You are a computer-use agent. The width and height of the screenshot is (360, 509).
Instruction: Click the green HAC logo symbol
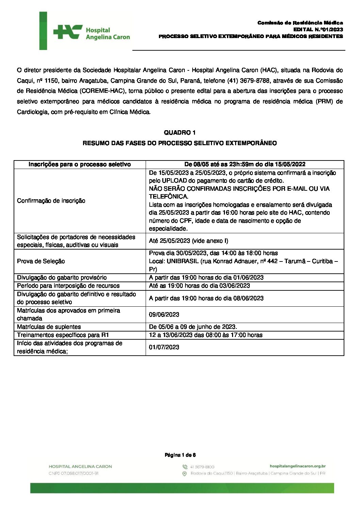tap(68, 32)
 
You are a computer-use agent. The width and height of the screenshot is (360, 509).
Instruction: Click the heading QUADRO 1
tap(180, 133)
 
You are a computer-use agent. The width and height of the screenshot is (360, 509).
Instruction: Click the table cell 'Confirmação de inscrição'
tap(51, 201)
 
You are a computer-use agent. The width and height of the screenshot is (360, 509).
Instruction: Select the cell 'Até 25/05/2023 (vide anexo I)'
tap(189, 241)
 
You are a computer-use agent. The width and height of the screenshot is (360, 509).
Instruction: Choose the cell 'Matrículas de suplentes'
tap(49, 327)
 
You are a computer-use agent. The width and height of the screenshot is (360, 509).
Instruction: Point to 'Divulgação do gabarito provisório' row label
tap(62, 277)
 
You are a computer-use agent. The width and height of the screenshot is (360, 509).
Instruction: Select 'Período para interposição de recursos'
tap(68, 286)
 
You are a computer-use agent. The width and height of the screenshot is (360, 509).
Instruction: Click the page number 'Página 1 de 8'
tap(180, 455)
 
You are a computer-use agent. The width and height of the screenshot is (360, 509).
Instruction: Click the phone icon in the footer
tap(185, 467)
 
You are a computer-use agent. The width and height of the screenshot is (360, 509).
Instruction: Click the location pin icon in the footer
tap(185, 474)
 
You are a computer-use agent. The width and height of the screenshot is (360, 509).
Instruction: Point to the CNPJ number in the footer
tap(73, 473)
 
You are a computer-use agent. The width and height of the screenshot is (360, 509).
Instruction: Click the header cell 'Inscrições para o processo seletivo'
tap(80, 164)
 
